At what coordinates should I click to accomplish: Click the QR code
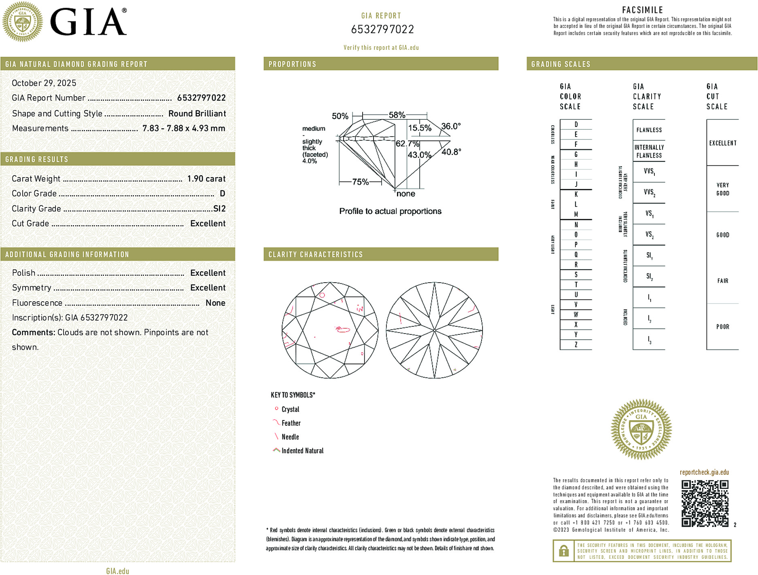coord(705,503)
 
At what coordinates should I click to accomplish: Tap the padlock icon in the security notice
coord(563,551)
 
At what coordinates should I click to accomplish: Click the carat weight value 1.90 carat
coord(206,179)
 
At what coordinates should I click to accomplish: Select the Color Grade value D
coord(222,194)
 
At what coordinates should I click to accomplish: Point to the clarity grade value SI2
coord(219,209)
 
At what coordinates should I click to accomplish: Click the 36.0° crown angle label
coord(451,126)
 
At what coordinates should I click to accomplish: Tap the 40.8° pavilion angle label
coord(451,152)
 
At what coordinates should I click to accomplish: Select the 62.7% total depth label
coord(407,144)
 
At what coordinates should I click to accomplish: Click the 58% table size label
coord(397,115)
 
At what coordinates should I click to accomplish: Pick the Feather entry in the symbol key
coord(291,423)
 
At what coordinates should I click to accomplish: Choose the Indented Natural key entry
coord(302,451)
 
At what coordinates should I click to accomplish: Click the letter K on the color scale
coord(576,194)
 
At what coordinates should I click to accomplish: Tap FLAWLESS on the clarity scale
coord(649,130)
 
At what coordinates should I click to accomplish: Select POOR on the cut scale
coord(722,327)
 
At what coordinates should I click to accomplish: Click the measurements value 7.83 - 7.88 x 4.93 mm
coord(184,129)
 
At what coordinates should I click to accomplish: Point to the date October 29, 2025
coord(44,83)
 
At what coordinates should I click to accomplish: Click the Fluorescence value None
coord(215,303)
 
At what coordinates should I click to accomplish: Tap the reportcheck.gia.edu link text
coord(704,472)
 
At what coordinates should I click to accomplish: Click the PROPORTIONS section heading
coord(292,64)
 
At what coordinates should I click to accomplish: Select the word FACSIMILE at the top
coord(642,10)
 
